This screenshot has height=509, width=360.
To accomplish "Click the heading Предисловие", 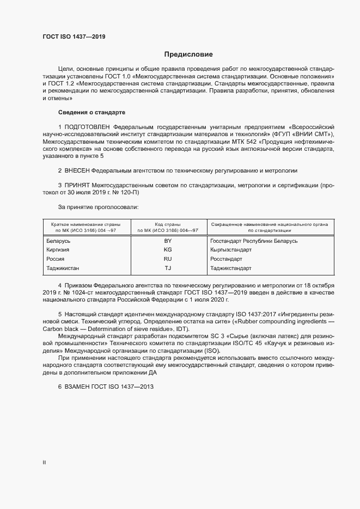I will coord(188,54).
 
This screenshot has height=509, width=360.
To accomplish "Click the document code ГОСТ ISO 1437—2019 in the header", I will coord(74,37).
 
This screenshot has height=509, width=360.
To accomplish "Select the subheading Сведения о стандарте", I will coord(91,112).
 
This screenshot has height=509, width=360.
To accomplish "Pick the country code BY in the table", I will coord(168,240).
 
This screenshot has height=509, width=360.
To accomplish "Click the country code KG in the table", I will coord(168,249).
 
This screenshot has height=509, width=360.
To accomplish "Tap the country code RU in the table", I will coord(168,259).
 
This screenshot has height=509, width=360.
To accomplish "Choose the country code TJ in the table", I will coord(168,268).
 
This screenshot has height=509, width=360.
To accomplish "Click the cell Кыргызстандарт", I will coord(231,249).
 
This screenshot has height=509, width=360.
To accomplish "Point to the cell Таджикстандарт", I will coord(231,268).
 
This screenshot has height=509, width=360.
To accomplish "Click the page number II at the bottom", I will coord(44,462).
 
